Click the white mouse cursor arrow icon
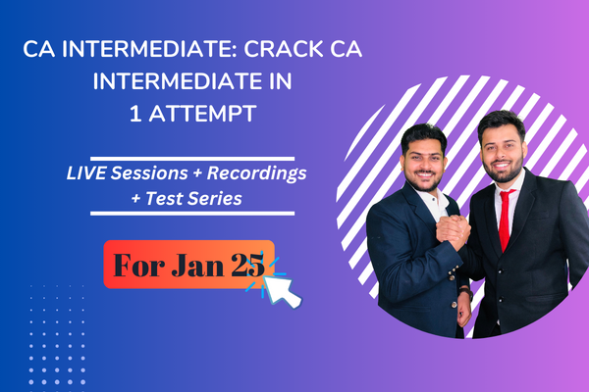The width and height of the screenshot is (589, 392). [286, 290]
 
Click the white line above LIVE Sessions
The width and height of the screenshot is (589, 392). [191, 157]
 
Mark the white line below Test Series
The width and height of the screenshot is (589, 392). [191, 213]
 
